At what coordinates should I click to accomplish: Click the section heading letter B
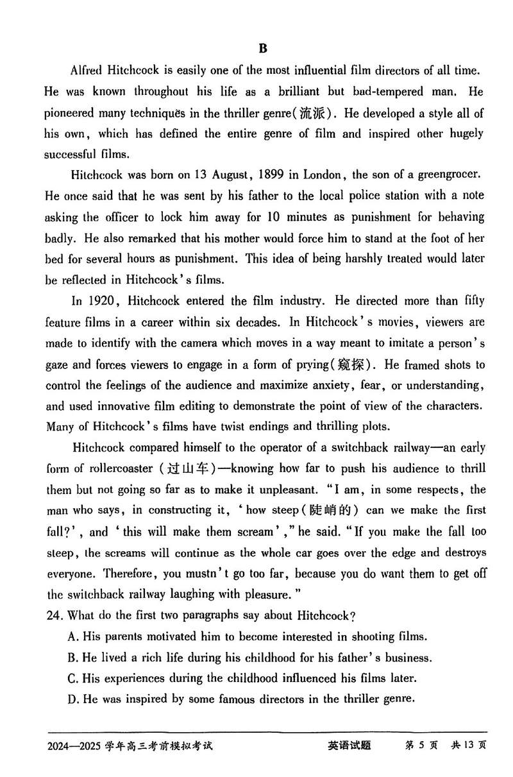click(x=262, y=48)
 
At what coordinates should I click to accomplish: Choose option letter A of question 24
click(x=72, y=637)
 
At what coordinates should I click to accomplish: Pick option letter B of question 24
click(x=72, y=658)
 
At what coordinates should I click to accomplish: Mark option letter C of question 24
click(x=72, y=678)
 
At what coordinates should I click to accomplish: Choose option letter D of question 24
click(x=72, y=699)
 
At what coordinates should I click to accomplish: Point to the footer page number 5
click(x=425, y=746)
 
